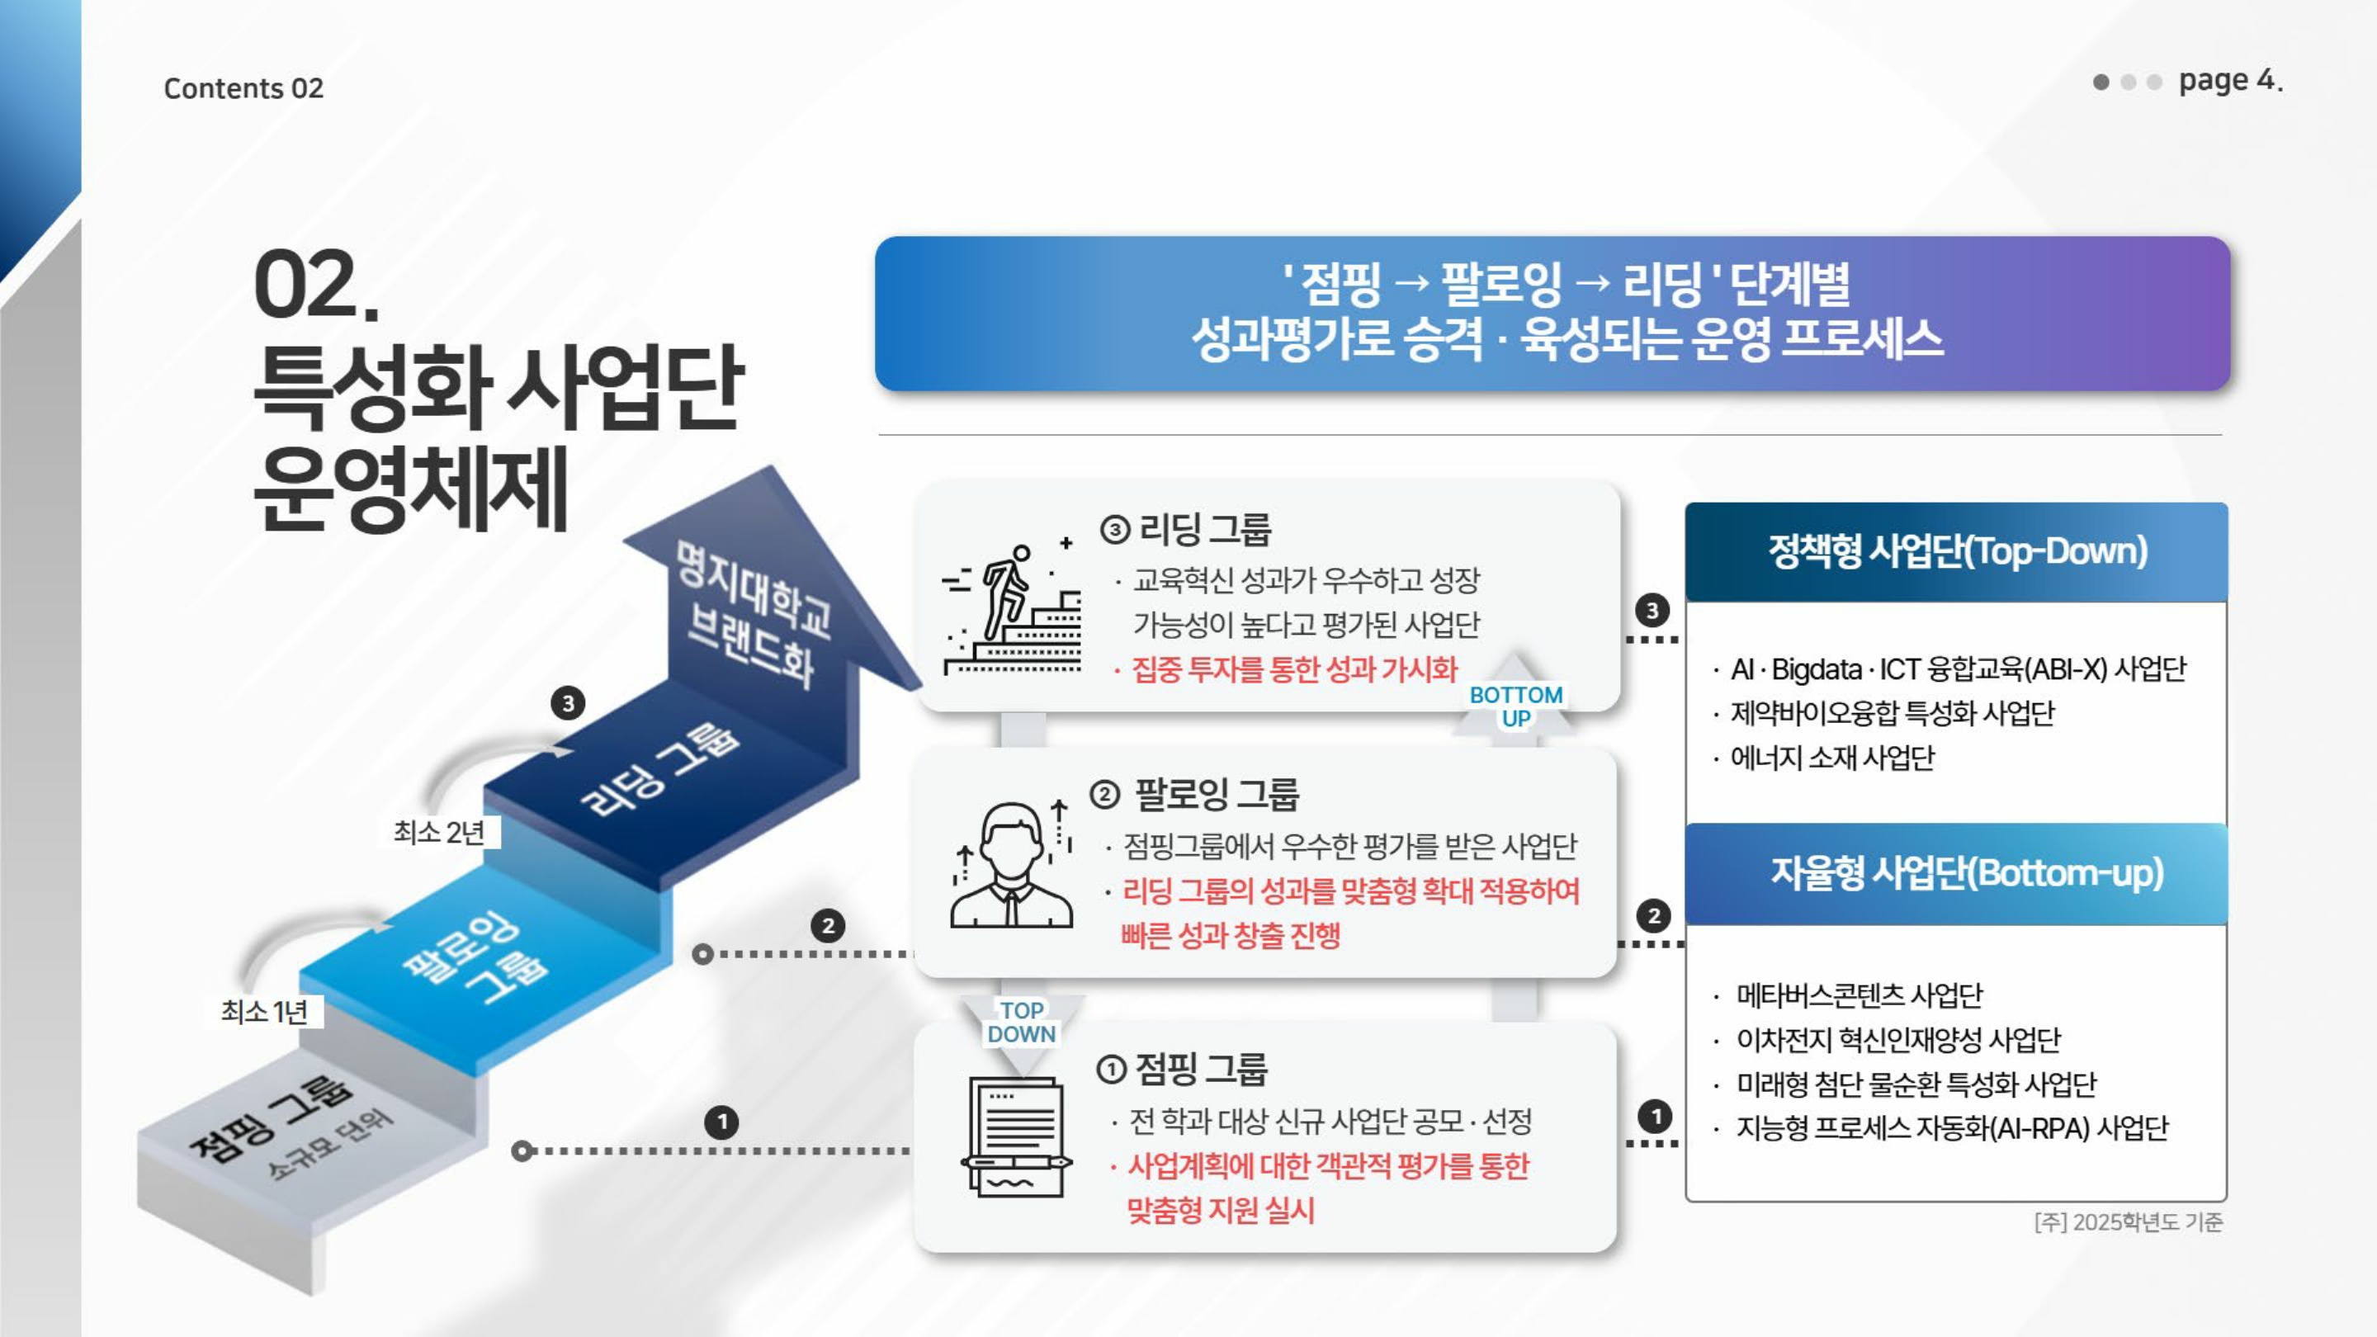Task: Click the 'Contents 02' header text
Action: (x=243, y=88)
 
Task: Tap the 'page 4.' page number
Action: (x=2230, y=80)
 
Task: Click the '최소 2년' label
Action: (x=439, y=832)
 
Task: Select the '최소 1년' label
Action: (x=264, y=1012)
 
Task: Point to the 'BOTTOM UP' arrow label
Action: (x=1516, y=706)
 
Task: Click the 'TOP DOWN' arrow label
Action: (x=1022, y=1023)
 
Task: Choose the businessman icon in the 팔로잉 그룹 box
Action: (x=1012, y=862)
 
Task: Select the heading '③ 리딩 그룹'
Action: (x=1186, y=530)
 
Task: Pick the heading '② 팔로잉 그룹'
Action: (x=1194, y=793)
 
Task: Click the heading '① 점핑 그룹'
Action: (x=1182, y=1069)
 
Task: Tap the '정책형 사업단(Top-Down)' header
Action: (x=1957, y=550)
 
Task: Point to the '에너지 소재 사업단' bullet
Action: (x=1831, y=758)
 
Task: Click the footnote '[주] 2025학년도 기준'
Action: (x=2129, y=1221)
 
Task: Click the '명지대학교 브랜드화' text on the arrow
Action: (x=752, y=613)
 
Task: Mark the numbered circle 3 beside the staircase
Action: (x=569, y=703)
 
